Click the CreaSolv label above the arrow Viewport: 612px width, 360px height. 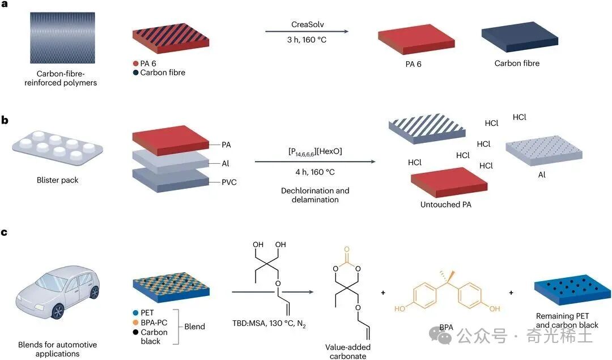(x=308, y=24)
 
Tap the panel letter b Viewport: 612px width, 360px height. (x=5, y=120)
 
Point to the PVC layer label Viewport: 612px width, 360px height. (x=229, y=183)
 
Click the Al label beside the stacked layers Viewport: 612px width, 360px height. (x=225, y=164)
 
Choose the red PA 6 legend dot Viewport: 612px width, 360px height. (x=136, y=63)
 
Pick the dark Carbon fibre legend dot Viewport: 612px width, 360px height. (x=136, y=72)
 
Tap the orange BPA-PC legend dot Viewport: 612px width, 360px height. (x=136, y=323)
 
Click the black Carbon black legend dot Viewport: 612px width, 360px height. (x=136, y=332)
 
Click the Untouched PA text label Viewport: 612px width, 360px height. (x=446, y=205)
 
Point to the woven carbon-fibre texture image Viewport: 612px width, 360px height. (x=62, y=37)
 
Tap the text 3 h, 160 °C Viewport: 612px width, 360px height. (x=307, y=40)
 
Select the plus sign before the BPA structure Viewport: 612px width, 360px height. (x=383, y=293)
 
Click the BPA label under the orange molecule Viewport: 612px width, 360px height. (x=446, y=327)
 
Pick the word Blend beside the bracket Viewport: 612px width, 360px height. (x=195, y=327)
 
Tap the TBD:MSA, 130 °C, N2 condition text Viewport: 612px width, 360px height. (x=269, y=324)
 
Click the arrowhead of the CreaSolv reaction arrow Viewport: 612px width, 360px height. (x=346, y=31)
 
